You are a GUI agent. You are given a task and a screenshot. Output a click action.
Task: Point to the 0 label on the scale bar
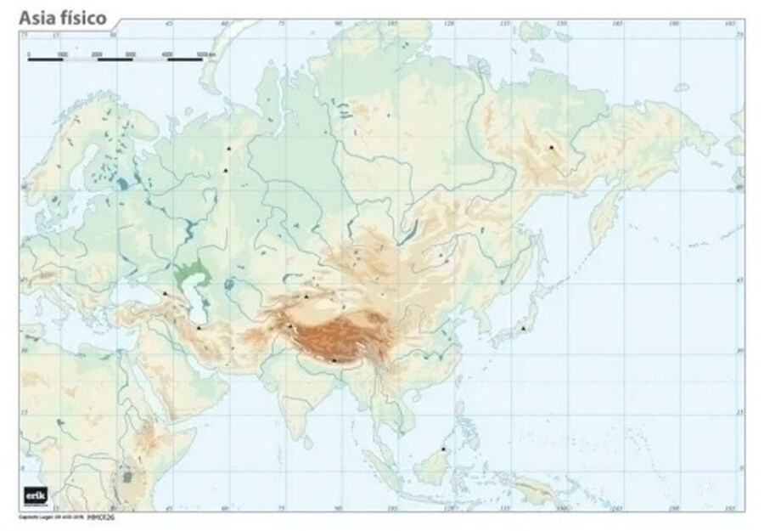click(x=29, y=55)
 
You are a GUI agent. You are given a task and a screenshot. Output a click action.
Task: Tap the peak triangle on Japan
click(x=525, y=328)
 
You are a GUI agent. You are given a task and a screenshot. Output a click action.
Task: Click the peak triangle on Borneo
click(x=443, y=449)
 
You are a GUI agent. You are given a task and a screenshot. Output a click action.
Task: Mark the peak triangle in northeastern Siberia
click(x=551, y=147)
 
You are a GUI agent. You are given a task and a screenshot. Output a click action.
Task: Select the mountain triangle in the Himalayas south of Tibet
click(x=334, y=360)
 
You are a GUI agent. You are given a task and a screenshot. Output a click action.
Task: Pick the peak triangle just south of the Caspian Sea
click(x=199, y=327)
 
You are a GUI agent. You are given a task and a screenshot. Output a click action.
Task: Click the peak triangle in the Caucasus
click(x=165, y=294)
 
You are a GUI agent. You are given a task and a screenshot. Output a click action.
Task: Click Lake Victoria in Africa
click(x=127, y=477)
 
